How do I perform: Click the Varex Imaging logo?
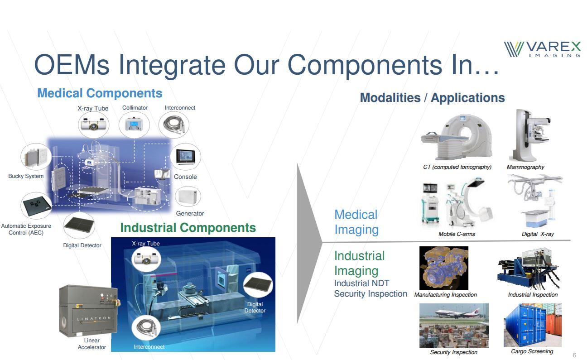click(542, 49)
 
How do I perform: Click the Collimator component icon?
click(134, 124)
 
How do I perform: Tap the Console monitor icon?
click(186, 157)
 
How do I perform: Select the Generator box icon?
click(188, 196)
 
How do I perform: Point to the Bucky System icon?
click(36, 157)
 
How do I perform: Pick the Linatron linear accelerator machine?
click(88, 311)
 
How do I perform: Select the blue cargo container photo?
click(532, 325)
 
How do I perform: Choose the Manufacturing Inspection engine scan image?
click(444, 268)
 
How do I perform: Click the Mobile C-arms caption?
click(457, 234)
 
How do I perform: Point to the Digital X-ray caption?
click(538, 234)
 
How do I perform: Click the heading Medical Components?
click(100, 93)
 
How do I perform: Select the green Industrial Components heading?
click(188, 227)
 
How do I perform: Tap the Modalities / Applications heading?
click(433, 98)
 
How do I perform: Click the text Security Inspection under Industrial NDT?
click(370, 294)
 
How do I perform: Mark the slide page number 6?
click(574, 355)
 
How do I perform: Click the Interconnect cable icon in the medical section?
click(174, 124)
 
